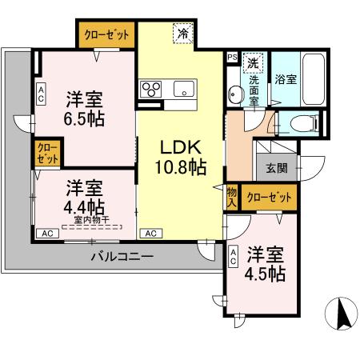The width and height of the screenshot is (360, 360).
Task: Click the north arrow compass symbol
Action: click(342, 314)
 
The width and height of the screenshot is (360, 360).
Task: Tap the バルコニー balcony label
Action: click(122, 257)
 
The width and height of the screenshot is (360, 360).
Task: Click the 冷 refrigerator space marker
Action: click(184, 34)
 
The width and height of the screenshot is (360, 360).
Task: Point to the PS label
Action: click(232, 58)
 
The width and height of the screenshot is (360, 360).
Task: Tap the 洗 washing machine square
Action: click(252, 62)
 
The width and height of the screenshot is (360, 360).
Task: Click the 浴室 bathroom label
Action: click(286, 80)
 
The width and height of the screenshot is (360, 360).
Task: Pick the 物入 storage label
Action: click(232, 196)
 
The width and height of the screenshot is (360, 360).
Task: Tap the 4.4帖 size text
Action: click(84, 203)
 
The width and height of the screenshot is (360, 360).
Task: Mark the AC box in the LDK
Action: click(150, 234)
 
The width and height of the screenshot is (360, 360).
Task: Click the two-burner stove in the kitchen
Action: click(152, 88)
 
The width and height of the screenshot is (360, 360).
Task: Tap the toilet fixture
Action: click(300, 123)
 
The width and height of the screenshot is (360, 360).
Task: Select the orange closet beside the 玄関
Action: click(268, 196)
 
